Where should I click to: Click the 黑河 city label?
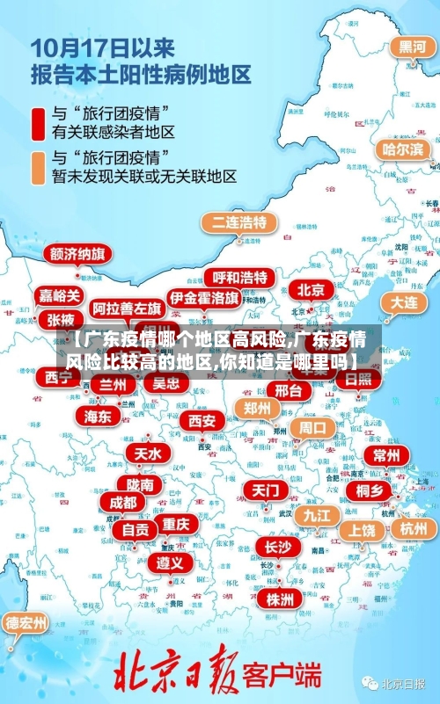pyautogui.click(x=413, y=47)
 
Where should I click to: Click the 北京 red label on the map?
pyautogui.click(x=311, y=289)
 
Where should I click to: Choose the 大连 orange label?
pyautogui.click(x=404, y=301)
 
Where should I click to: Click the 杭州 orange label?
pyautogui.click(x=413, y=528)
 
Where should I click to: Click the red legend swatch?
pyautogui.click(x=39, y=123)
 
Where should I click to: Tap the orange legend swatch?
pyautogui.click(x=39, y=167)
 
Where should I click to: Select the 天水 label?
pyautogui.click(x=148, y=454)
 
